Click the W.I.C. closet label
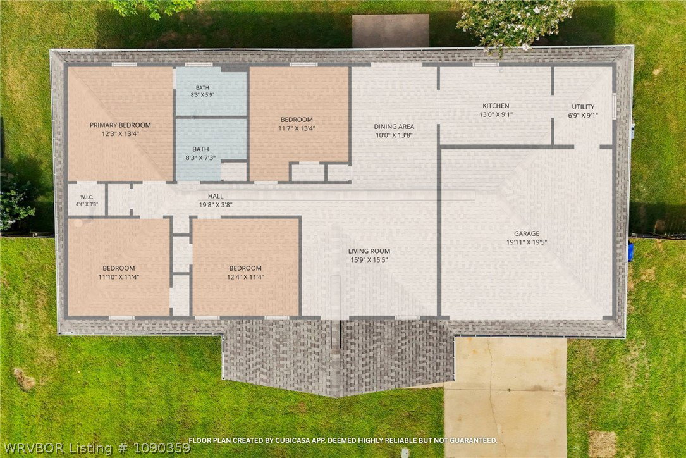click(x=87, y=197)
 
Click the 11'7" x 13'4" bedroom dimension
click(x=297, y=128)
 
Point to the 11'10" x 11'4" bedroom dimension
click(x=119, y=276)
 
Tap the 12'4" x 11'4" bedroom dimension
click(x=245, y=276)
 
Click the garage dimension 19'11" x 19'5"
click(x=527, y=242)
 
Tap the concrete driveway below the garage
click(x=505, y=396)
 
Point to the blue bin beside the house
click(x=630, y=252)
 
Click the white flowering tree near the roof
click(x=517, y=22)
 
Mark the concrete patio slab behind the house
click(x=390, y=30)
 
